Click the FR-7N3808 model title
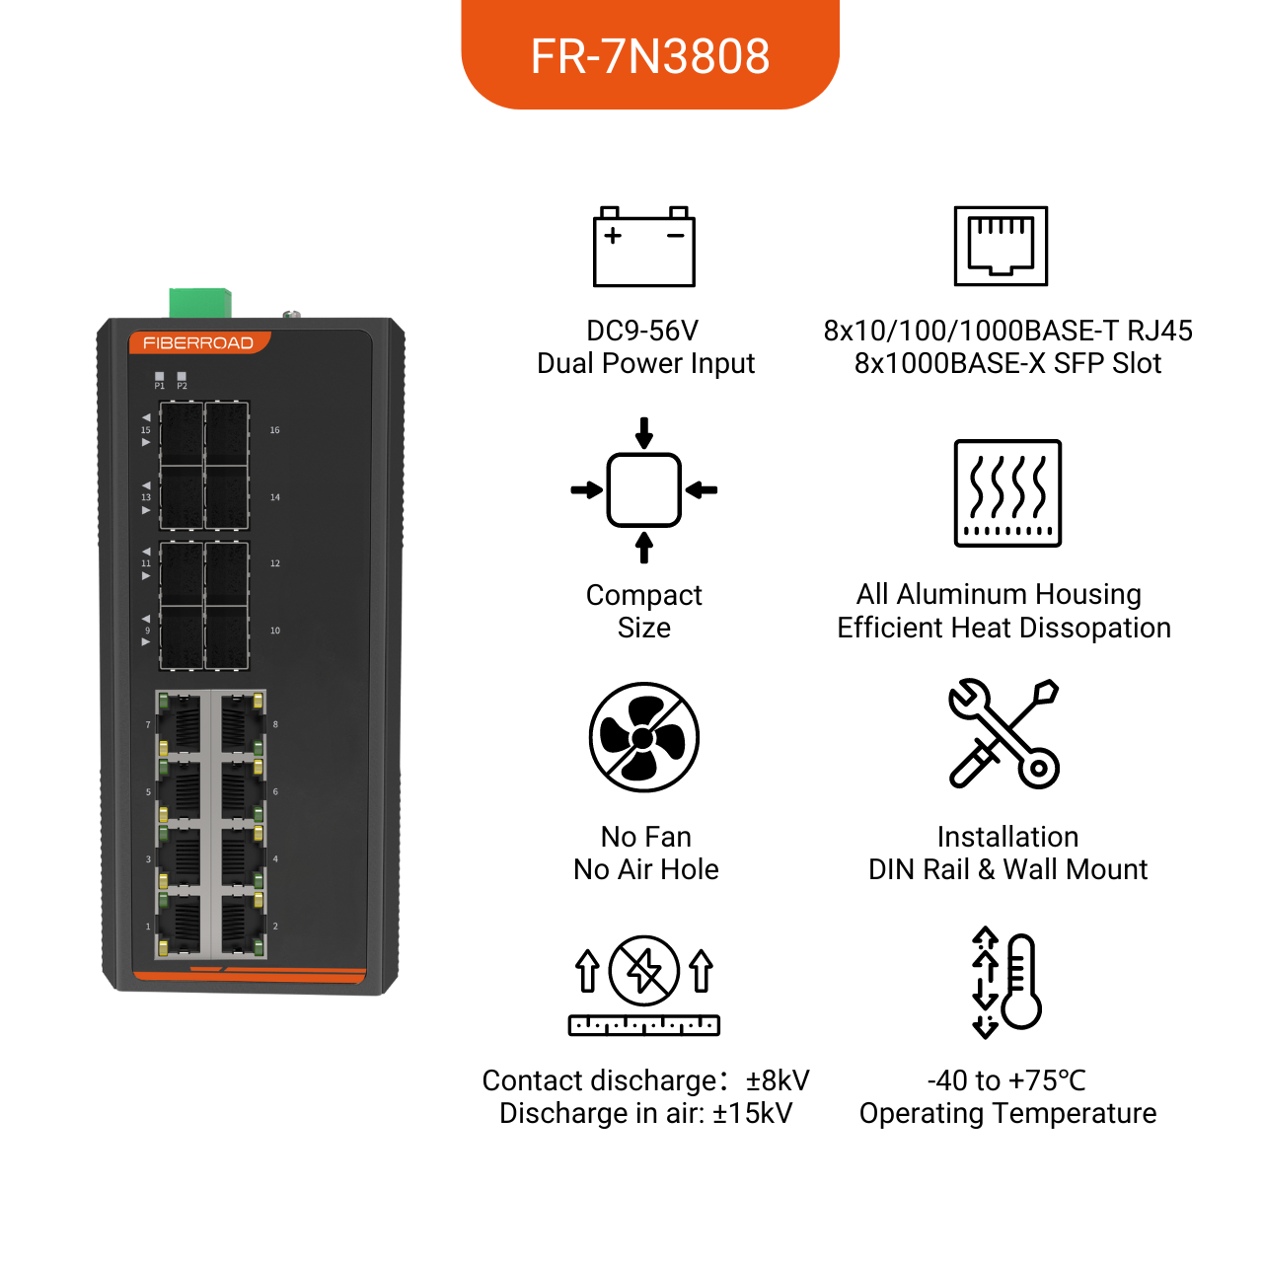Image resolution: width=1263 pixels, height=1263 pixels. coord(649,56)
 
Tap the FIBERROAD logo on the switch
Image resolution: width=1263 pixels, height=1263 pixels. coord(198,342)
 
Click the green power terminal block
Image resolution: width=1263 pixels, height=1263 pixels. coord(200,303)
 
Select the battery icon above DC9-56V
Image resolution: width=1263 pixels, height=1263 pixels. coord(643,247)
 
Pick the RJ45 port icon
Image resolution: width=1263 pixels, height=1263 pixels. coord(1001,246)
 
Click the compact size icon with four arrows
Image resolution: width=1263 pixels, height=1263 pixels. coord(643,489)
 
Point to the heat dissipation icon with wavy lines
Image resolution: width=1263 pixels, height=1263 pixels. coord(1007,493)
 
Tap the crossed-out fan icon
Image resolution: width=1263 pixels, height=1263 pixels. coord(643,737)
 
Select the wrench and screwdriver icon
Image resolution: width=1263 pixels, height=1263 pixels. coord(1003,733)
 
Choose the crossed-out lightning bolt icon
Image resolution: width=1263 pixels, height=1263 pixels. coord(643,970)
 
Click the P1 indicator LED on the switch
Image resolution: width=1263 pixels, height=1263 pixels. coord(159,376)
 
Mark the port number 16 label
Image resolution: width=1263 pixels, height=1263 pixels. coord(274,430)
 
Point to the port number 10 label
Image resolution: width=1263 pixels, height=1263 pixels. coord(274,631)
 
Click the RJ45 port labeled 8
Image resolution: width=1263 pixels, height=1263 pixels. coord(241,723)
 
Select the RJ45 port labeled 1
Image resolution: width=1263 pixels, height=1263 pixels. coord(180,925)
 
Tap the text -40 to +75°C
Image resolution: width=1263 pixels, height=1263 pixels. coord(1006,1080)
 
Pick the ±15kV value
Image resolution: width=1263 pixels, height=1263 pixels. coord(753,1113)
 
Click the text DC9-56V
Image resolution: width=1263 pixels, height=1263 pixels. coord(642,331)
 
